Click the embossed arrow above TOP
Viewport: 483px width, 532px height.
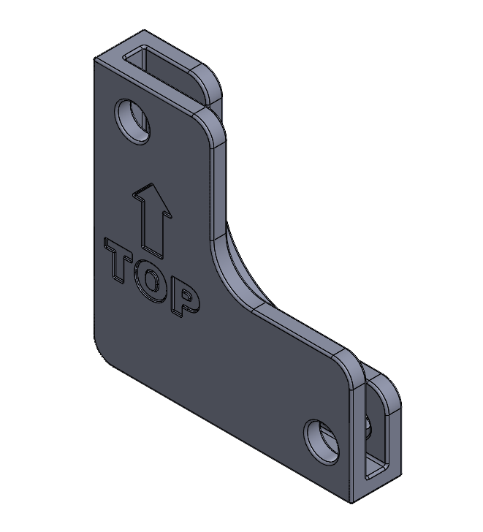[x=152, y=221]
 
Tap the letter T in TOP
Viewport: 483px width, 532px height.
[x=118, y=262]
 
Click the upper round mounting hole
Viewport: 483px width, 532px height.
[x=132, y=121]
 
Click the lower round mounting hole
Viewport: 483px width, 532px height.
[x=322, y=441]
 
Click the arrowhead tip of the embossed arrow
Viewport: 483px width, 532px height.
[x=151, y=184]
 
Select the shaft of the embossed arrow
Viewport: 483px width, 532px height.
[x=152, y=231]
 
